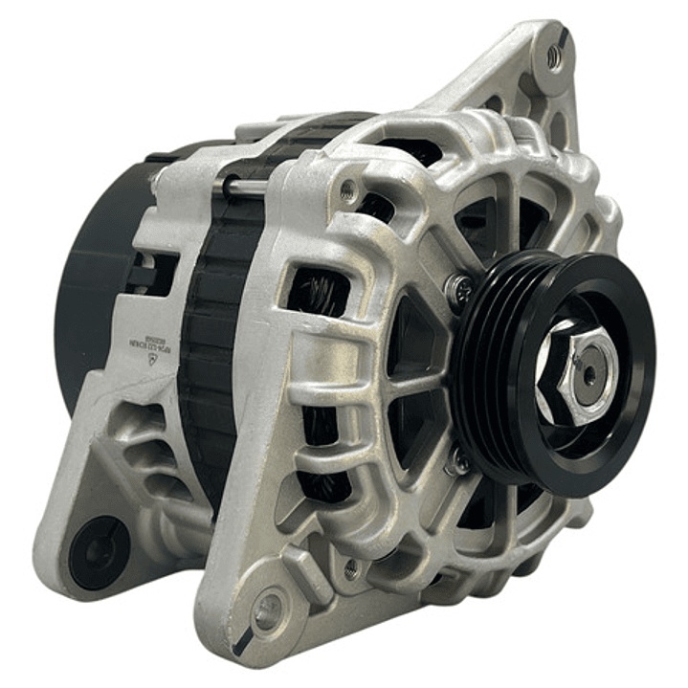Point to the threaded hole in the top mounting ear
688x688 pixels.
click(x=554, y=56)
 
